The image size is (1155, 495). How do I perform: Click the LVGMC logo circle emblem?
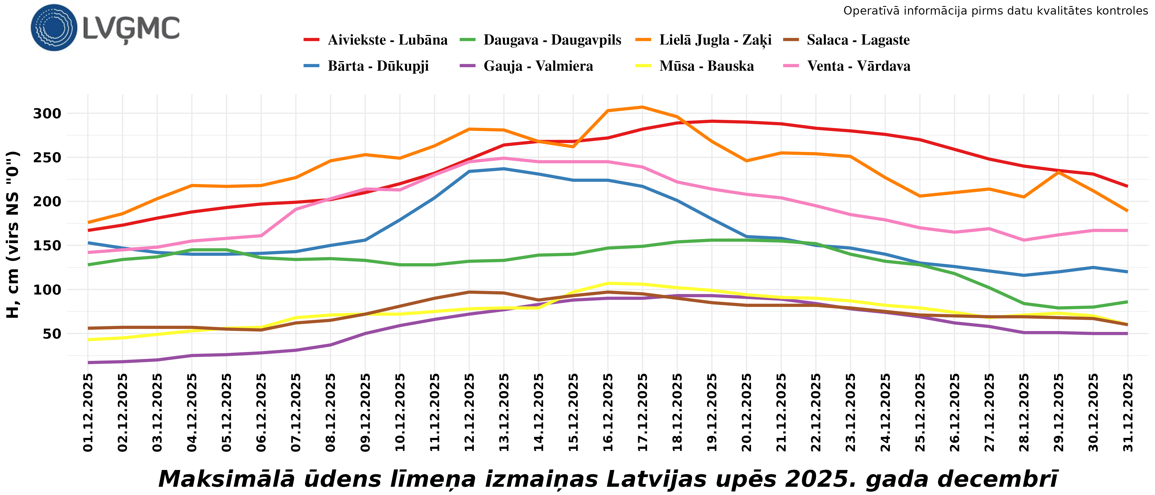tap(54, 27)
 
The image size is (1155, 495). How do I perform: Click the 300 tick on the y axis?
tap(47, 113)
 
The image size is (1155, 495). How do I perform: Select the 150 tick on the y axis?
tap(47, 246)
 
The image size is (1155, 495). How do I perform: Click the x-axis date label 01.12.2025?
tap(88, 413)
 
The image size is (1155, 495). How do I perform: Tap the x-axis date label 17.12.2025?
tap(642, 413)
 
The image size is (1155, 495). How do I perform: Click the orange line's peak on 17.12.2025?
tap(642, 107)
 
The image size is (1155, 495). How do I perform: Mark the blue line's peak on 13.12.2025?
tap(504, 169)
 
